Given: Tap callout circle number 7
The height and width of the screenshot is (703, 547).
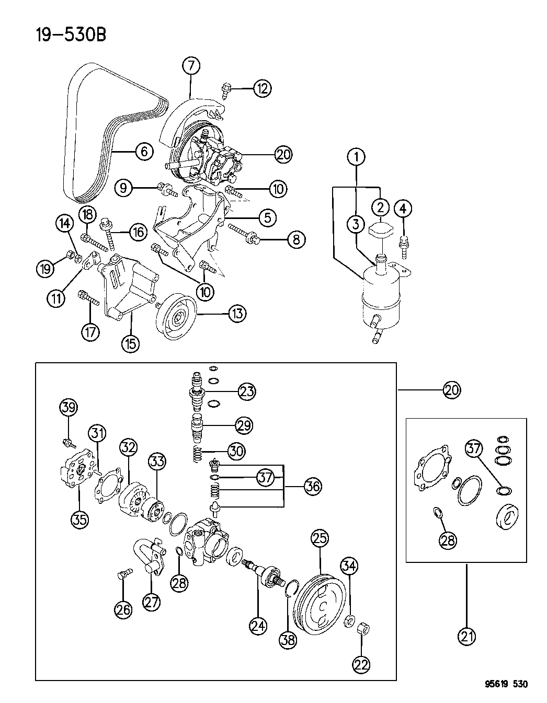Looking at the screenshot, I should click(x=191, y=66).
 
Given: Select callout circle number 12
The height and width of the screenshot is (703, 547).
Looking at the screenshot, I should click(x=263, y=88).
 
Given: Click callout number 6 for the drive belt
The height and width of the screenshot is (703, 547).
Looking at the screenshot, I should click(x=144, y=152).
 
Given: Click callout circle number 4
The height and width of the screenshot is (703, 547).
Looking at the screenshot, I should click(x=403, y=209).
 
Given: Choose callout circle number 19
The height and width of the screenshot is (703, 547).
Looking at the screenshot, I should click(x=45, y=269).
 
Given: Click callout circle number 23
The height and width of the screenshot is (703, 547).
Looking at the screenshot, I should click(x=247, y=391).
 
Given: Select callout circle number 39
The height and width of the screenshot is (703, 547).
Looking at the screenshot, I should click(x=67, y=408).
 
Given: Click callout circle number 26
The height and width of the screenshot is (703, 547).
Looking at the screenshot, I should click(x=124, y=609).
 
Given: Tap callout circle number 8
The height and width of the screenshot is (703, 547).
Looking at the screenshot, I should click(x=296, y=240).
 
